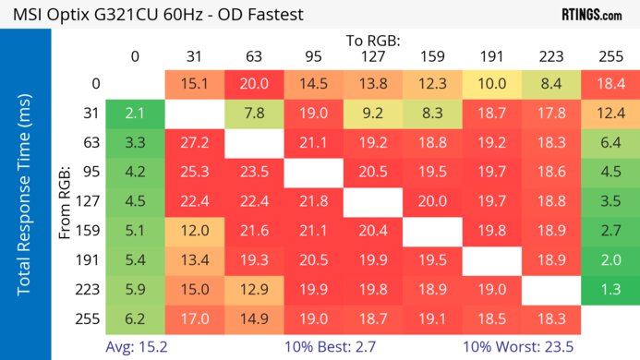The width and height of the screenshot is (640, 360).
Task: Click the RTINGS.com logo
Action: [x=591, y=15]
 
